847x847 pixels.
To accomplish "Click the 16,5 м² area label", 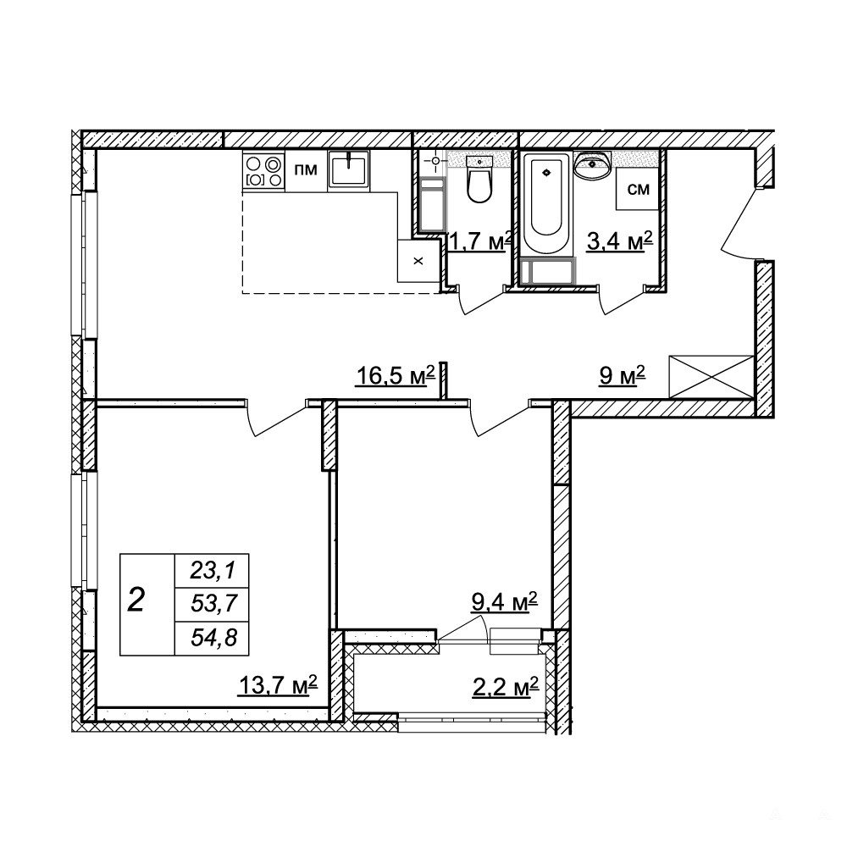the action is (x=395, y=375).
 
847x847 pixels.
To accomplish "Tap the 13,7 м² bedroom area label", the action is (x=277, y=686).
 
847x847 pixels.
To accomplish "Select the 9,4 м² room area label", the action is (x=504, y=601).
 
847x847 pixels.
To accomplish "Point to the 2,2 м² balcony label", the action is (x=505, y=687).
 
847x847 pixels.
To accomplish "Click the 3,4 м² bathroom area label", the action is (x=620, y=240).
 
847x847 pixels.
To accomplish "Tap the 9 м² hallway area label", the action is (x=622, y=375).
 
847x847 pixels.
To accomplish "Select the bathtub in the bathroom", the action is (x=546, y=203).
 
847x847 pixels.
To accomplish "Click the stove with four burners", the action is (x=263, y=171).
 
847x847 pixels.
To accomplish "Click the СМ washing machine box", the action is (x=638, y=189).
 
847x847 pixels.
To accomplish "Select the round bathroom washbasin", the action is (x=593, y=165).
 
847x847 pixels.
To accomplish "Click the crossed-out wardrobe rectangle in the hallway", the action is (x=711, y=377).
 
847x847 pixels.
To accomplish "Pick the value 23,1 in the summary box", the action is (x=213, y=570).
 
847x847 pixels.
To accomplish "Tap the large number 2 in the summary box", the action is (x=136, y=601).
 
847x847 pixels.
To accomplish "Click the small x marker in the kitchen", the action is (x=418, y=262).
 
